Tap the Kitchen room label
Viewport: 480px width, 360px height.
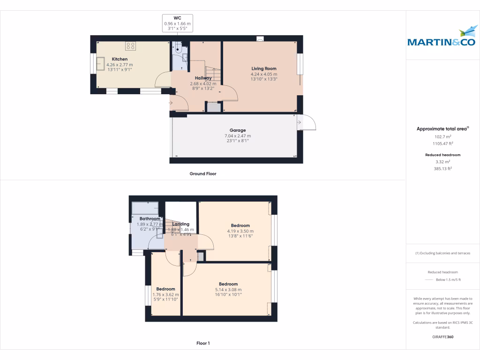coord(120,59)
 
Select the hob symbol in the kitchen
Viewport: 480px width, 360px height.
coord(130,46)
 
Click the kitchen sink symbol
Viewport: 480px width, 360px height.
coord(101,63)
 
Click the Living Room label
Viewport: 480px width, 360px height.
coord(264,69)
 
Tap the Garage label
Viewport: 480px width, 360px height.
coord(238,130)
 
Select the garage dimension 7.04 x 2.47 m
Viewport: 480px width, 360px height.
coord(238,136)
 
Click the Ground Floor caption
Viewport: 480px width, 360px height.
coord(202,173)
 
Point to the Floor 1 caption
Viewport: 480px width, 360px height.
coord(202,343)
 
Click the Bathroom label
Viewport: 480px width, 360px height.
coord(150,219)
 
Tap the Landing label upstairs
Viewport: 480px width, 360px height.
coord(181,224)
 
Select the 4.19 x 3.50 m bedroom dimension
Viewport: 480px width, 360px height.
coord(240,231)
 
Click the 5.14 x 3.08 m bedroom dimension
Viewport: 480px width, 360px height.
coord(228,290)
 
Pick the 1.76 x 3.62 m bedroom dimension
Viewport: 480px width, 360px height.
coord(165,294)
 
